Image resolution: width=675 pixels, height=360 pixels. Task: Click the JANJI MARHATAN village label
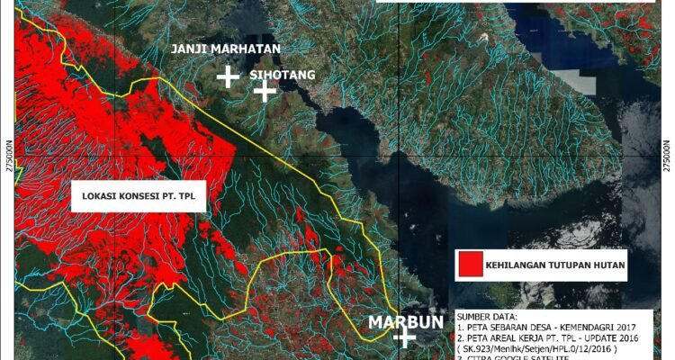click(x=227, y=48)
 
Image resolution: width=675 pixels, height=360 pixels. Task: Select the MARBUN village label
click(x=404, y=322)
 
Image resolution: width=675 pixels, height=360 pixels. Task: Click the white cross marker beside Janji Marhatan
click(x=229, y=76)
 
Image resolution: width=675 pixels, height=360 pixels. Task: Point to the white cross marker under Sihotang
click(x=264, y=91)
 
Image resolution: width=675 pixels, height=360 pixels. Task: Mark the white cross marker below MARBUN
click(x=404, y=339)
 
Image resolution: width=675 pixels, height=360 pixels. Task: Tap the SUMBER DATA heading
click(x=490, y=317)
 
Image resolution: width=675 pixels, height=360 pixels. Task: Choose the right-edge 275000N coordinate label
click(x=667, y=156)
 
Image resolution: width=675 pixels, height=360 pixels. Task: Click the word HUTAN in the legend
click(x=607, y=265)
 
